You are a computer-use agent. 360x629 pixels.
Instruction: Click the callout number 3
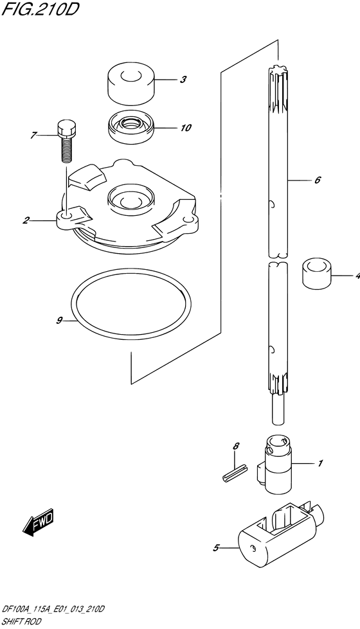(183, 80)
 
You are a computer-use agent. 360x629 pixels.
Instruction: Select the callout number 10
(186, 128)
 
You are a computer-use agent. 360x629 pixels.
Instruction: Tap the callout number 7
(33, 136)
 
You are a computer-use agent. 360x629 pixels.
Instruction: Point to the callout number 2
(26, 220)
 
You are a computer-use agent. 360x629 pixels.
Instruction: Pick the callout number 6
(317, 180)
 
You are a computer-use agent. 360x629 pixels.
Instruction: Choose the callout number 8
(236, 446)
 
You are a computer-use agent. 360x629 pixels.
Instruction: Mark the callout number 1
(320, 464)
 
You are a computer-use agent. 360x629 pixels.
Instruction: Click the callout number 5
(216, 547)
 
